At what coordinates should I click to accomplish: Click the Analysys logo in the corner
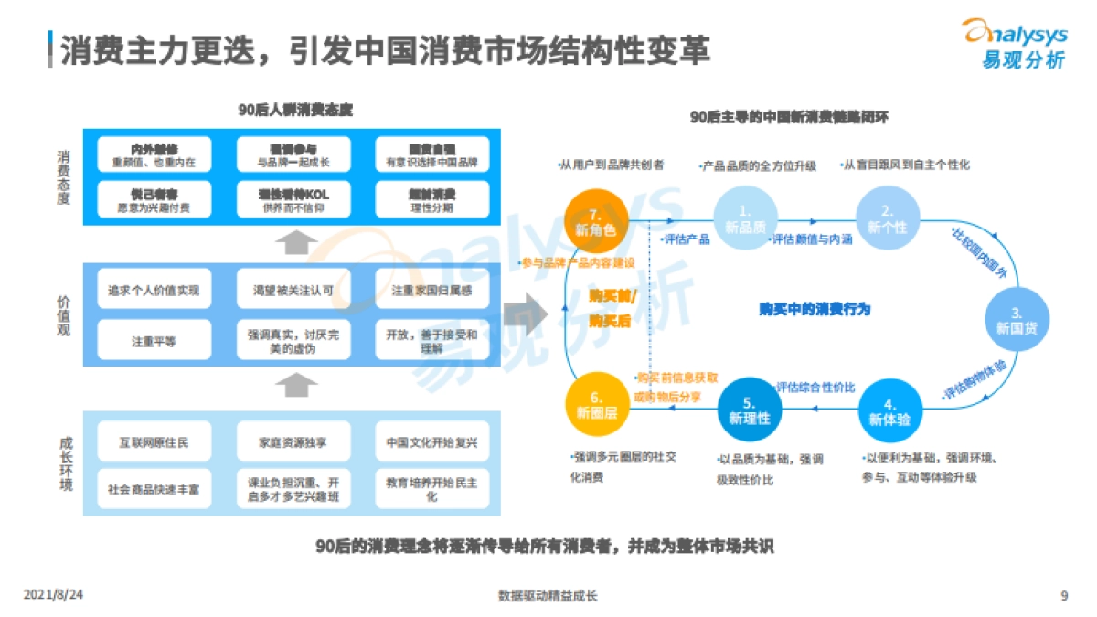[1014, 44]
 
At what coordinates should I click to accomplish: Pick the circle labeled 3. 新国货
[1017, 317]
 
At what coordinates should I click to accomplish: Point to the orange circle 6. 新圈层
[596, 405]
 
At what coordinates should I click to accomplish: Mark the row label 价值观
[63, 314]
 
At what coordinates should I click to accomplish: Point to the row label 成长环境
[63, 465]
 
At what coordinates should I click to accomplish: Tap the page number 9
[1064, 596]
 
